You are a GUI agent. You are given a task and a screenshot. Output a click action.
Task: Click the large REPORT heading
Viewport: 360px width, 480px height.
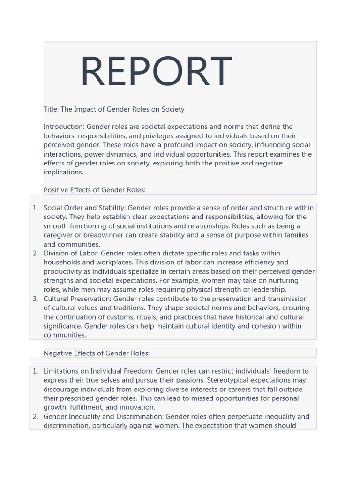pyautogui.click(x=156, y=72)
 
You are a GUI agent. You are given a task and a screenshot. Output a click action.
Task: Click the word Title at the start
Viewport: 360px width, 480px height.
pyautogui.click(x=51, y=109)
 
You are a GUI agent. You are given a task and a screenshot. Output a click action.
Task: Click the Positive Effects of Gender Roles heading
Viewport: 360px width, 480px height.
pyautogui.click(x=94, y=190)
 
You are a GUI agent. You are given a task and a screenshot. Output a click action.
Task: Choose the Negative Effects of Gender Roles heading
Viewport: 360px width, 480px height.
pyautogui.click(x=96, y=353)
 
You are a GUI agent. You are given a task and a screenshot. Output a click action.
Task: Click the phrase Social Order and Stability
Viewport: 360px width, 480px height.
pyautogui.click(x=84, y=208)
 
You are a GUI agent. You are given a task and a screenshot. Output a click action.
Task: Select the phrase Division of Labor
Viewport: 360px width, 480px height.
pyautogui.click(x=71, y=253)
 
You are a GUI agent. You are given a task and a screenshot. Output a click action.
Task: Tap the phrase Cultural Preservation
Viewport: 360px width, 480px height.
pyautogui.click(x=76, y=299)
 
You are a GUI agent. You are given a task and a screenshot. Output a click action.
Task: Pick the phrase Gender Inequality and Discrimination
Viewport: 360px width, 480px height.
pyautogui.click(x=103, y=416)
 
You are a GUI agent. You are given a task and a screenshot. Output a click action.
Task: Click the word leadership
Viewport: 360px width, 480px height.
pyautogui.click(x=269, y=289)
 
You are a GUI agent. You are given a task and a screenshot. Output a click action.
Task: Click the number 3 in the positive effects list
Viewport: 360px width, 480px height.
pyautogui.click(x=35, y=299)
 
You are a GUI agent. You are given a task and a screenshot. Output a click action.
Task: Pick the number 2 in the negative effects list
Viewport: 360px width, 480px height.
pyautogui.click(x=35, y=416)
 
